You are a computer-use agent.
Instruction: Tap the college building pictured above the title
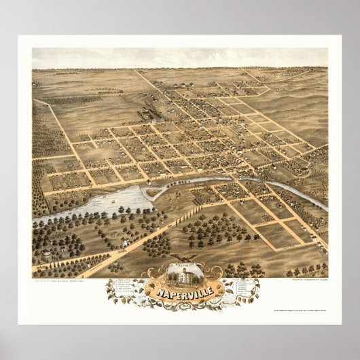tap(180, 275)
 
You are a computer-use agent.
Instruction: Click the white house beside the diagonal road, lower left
tap(125, 241)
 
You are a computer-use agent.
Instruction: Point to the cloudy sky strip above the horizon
tap(179, 58)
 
